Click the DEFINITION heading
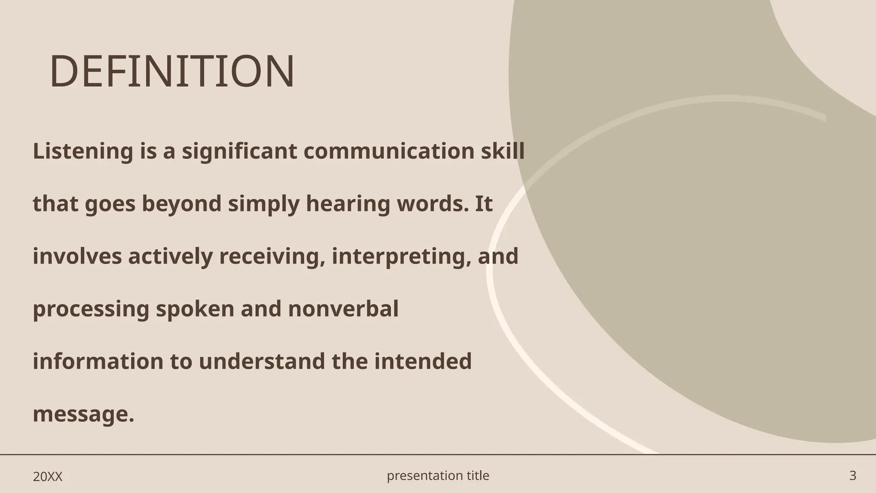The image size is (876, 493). coord(172,71)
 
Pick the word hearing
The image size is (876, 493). coord(348,204)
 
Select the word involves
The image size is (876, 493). coord(77,256)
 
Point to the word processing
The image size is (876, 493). coord(91,309)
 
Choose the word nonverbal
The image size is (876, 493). coord(343,309)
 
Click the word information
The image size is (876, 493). coord(98,361)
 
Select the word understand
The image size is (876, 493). coord(262,361)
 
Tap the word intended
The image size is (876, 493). coord(423,361)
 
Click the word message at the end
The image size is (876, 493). coord(83,414)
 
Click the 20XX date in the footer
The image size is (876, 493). coord(47,477)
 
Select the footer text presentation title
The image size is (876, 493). coord(438,475)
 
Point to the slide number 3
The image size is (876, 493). coord(852,475)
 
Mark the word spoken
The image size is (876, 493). coord(195,309)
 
